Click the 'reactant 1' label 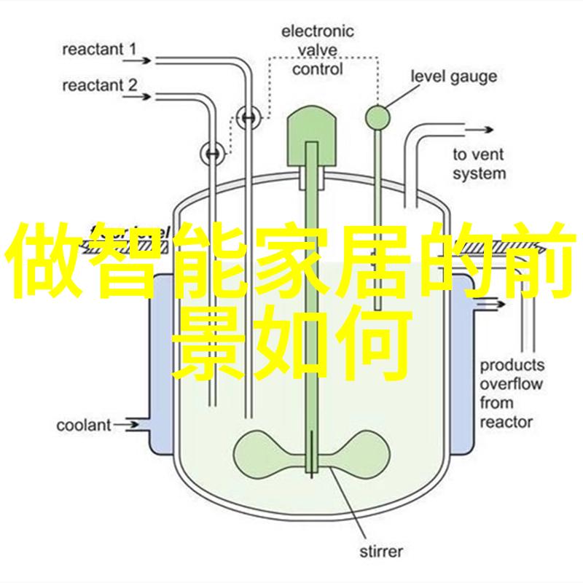click(99, 50)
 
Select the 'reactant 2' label click(100, 85)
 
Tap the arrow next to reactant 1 click(137, 60)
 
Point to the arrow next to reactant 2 click(137, 97)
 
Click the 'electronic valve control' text click(318, 50)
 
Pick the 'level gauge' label click(453, 77)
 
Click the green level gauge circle click(377, 117)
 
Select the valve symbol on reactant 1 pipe click(249, 117)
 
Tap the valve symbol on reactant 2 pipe click(213, 153)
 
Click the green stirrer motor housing click(312, 136)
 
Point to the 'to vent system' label click(480, 164)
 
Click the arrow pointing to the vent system click(479, 130)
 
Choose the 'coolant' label click(84, 425)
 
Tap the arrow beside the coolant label click(125, 425)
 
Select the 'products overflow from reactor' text click(512, 394)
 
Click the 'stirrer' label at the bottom click(381, 551)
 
